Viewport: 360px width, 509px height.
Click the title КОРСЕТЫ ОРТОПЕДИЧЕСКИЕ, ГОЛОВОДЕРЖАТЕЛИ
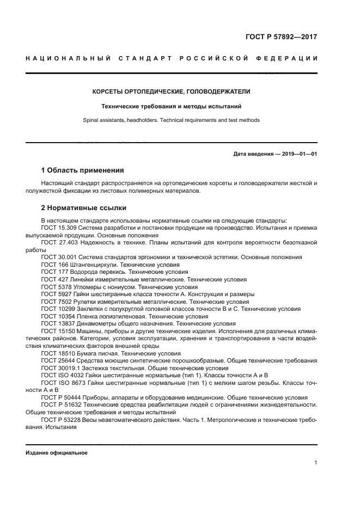(171, 91)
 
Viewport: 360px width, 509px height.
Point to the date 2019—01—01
(297, 154)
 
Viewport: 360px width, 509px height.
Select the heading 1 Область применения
(82, 170)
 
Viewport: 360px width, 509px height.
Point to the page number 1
(315, 463)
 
